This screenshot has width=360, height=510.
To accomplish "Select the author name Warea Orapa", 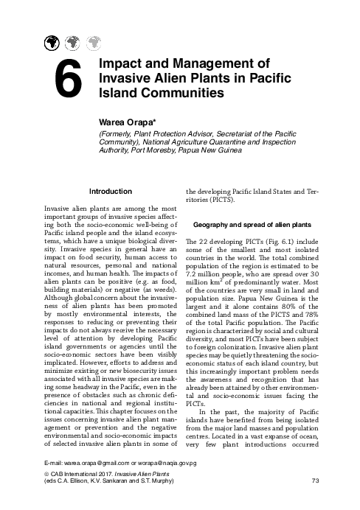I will pyautogui.click(x=126, y=119).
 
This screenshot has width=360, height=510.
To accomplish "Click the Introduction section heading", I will pyautogui.click(x=109, y=192).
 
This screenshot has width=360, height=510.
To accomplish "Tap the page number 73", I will pyautogui.click(x=316, y=483).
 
